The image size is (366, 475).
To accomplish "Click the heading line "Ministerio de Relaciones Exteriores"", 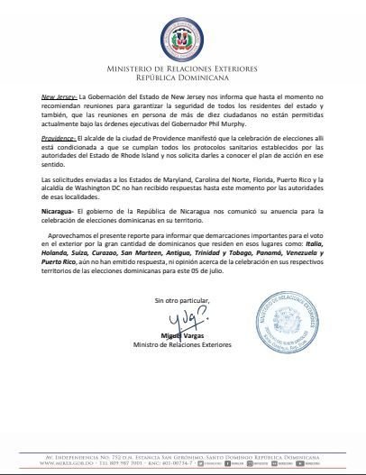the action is [x=182, y=68].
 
